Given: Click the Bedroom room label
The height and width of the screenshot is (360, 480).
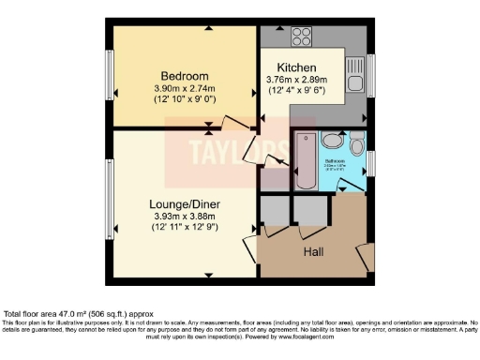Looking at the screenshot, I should coord(184,75).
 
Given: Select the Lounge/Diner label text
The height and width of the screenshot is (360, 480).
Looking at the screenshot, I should coord(183,202).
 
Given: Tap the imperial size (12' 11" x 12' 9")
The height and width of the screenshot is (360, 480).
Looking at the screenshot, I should coord(183,227).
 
